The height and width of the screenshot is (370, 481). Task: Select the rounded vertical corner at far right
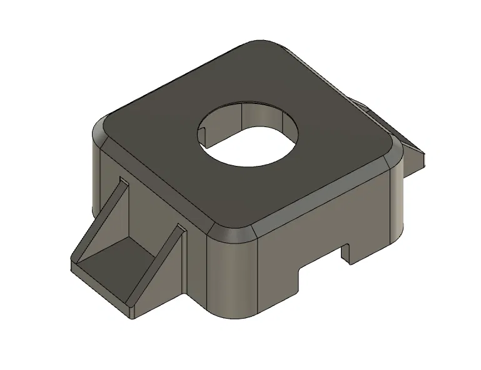tap(398, 200)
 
